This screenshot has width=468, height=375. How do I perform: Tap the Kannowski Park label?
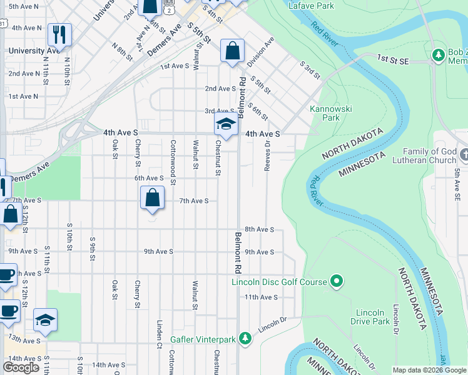tap(331, 113)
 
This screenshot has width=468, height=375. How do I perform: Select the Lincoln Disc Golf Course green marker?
tap(337, 282)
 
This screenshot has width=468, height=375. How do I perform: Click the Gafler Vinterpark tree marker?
tap(246, 339)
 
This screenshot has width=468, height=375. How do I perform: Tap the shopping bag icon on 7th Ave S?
tap(152, 199)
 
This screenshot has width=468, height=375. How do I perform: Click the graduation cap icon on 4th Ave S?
tap(226, 124)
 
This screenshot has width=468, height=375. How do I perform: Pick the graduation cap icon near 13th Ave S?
tap(45, 321)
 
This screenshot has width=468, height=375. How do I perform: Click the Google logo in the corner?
tap(21, 368)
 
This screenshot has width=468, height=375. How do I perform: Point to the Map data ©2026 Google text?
tap(429, 370)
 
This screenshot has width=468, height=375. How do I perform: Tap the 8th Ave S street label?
tap(259, 229)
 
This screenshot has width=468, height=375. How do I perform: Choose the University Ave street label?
tap(34, 51)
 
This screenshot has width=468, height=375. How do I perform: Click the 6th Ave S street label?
tap(149, 178)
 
